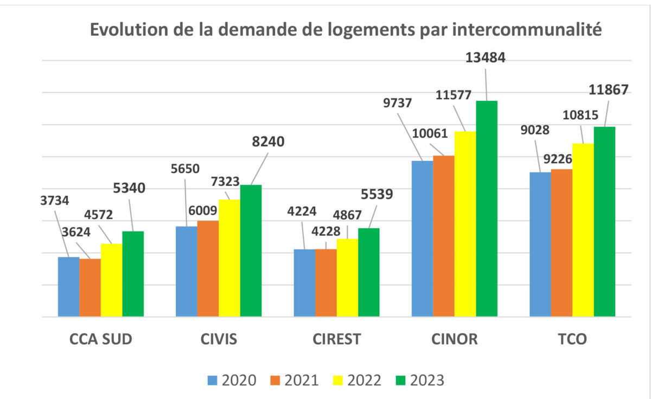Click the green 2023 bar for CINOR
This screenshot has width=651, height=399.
(x=487, y=209)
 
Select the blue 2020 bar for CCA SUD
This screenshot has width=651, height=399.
(x=68, y=287)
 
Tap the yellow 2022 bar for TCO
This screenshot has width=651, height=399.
(x=583, y=230)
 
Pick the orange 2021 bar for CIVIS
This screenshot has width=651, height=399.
(x=208, y=268)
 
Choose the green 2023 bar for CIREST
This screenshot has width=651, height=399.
(x=369, y=272)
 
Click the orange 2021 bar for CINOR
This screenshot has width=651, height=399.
(x=444, y=236)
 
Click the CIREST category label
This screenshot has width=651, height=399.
(x=336, y=340)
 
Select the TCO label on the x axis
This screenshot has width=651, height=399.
(x=572, y=340)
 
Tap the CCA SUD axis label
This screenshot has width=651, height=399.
(x=101, y=340)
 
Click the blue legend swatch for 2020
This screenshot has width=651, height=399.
(x=213, y=380)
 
